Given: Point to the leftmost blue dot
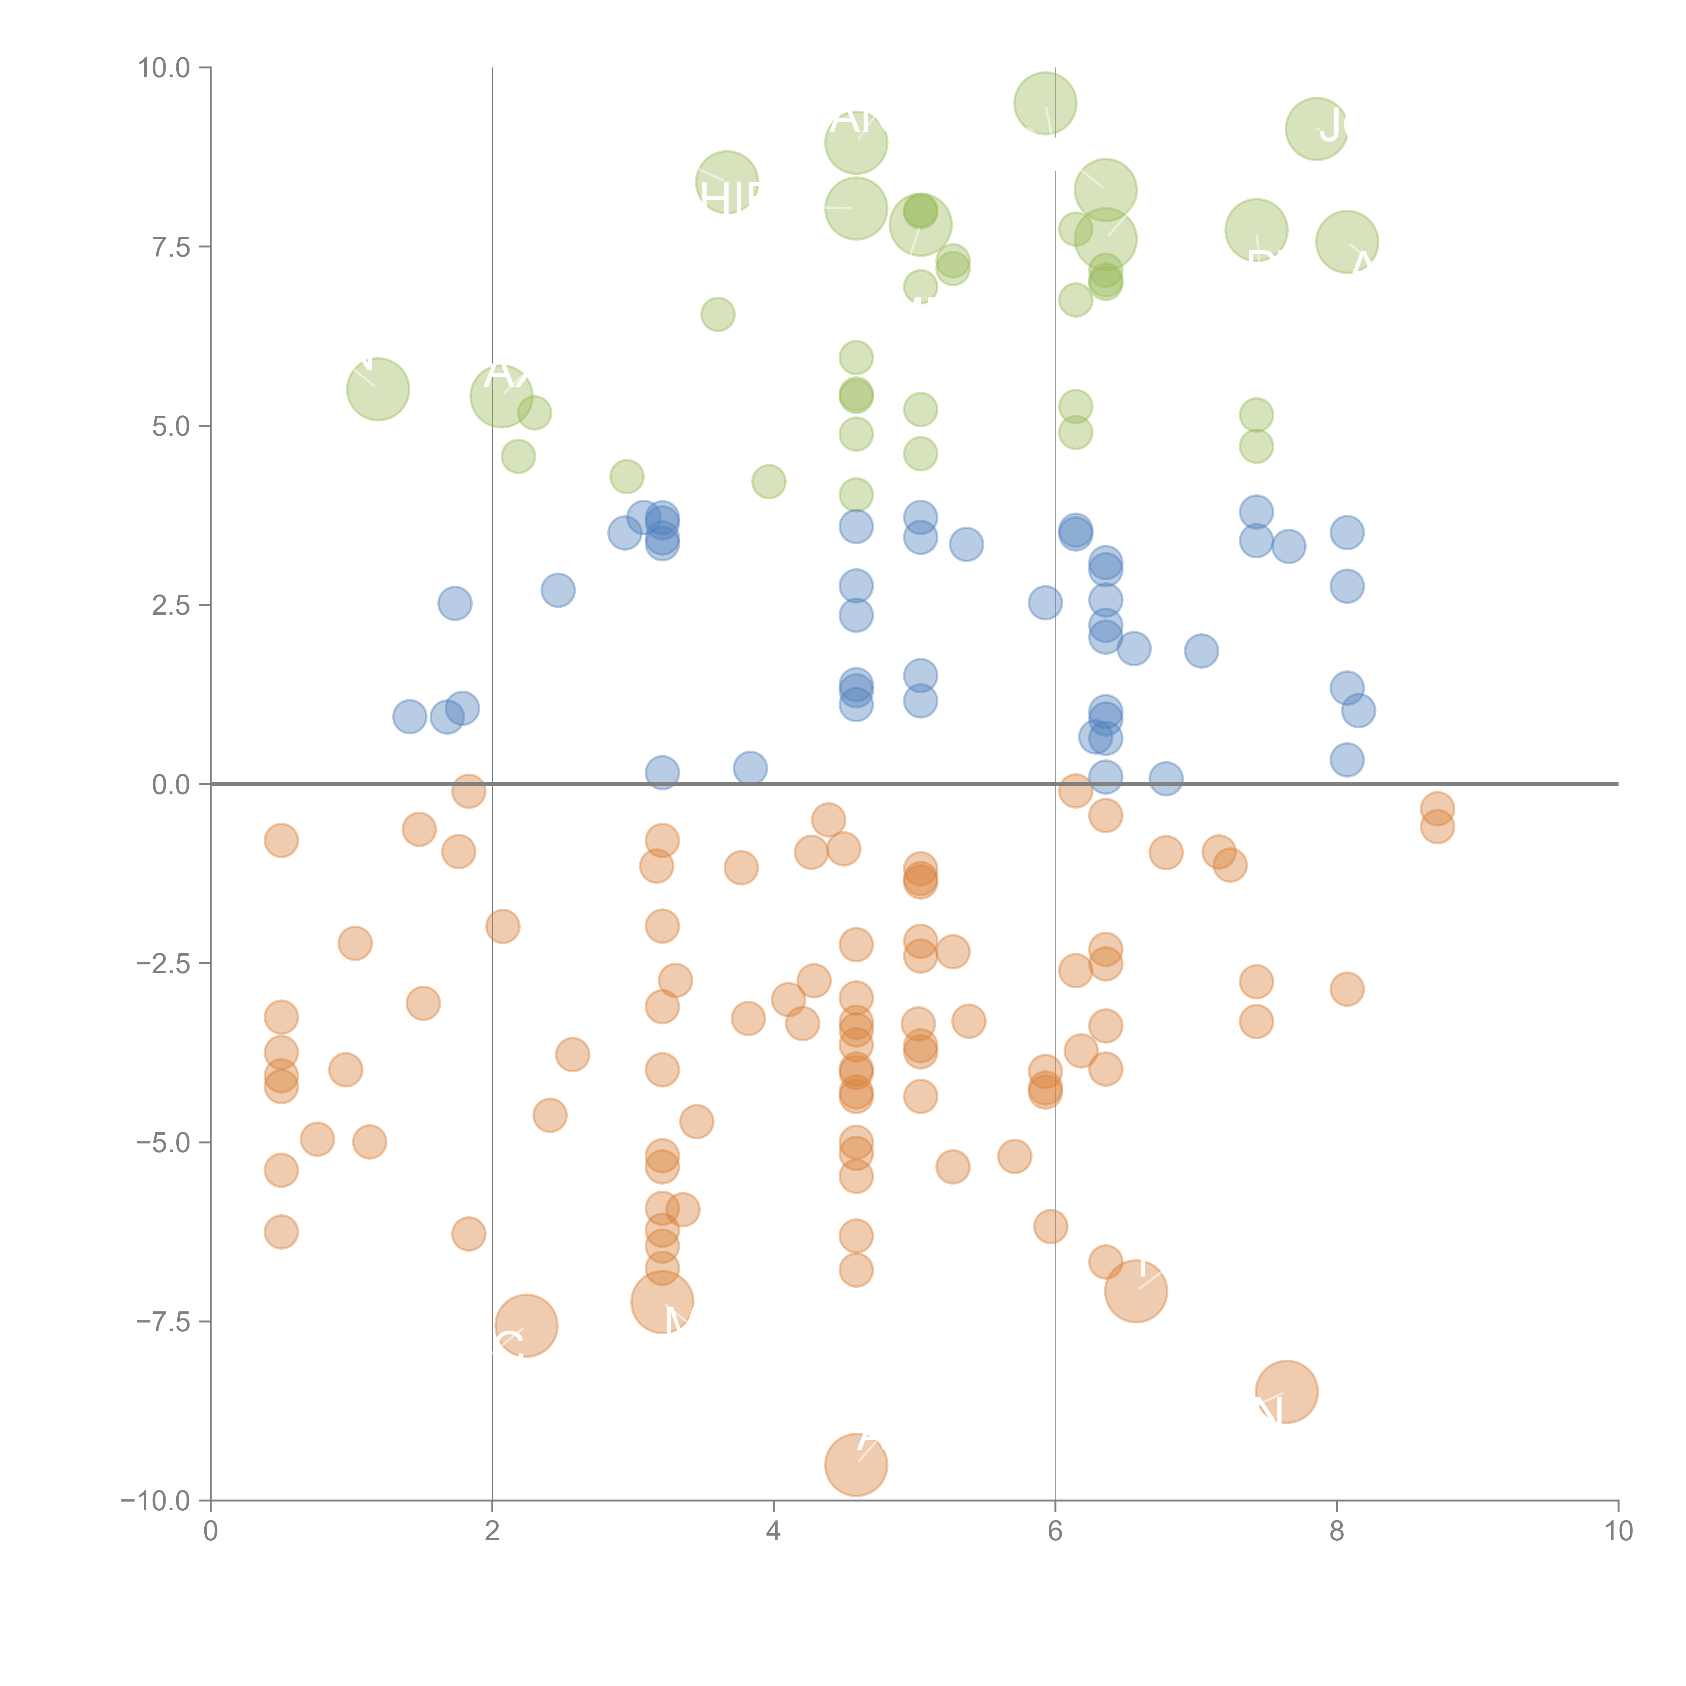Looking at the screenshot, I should (x=409, y=717).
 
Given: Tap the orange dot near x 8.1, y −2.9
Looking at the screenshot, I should (x=1346, y=989).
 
